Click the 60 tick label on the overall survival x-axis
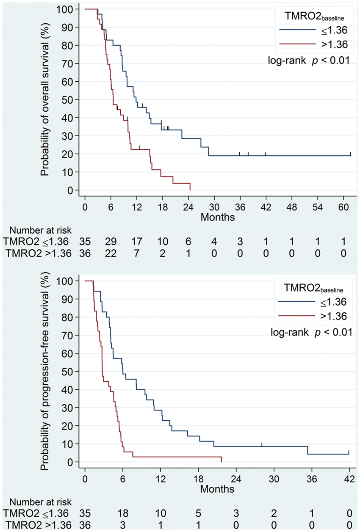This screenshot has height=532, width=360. point(343,207)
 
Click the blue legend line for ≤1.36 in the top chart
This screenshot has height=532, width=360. point(298,30)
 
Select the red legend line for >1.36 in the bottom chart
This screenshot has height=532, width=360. point(297,316)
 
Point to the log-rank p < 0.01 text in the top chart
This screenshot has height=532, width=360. point(309,61)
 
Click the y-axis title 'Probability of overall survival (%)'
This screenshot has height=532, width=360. point(44,99)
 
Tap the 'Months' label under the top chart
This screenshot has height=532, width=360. point(218,217)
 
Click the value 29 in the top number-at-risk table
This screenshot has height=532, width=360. point(111,242)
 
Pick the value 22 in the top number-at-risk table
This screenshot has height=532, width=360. point(111,254)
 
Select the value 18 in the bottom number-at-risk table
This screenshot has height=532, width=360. point(123,513)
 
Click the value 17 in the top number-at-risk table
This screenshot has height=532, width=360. point(137,242)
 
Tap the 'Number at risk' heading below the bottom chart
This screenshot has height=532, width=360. point(40,502)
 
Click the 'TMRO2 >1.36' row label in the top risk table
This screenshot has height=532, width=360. point(39,254)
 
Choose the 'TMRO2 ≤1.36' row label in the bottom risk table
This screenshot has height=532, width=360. point(36,513)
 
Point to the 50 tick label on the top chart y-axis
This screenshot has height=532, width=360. point(67,99)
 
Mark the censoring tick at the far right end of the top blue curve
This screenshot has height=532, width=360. point(351,154)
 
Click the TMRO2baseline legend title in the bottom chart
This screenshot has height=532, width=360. point(313,288)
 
